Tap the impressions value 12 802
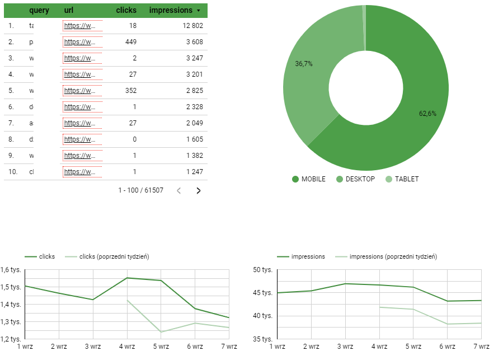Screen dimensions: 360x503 coord(191,26)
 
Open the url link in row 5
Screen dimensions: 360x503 coord(79,91)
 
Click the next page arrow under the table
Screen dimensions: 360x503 coord(198,190)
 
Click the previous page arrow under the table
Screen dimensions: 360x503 coord(179,190)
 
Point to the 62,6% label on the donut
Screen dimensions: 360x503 coord(427,113)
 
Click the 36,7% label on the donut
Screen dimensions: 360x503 coord(304,64)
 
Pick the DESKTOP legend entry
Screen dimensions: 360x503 coord(360,179)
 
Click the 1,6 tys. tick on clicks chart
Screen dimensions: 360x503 coord(11,270)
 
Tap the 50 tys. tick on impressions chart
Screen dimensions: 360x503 coord(262,270)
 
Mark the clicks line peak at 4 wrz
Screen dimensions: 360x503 coord(127,278)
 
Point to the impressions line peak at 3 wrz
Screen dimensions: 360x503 coord(345,283)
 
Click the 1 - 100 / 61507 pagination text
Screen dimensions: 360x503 coord(141,190)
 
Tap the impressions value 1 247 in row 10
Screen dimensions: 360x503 coord(195,172)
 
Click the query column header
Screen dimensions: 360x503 coord(39,10)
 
